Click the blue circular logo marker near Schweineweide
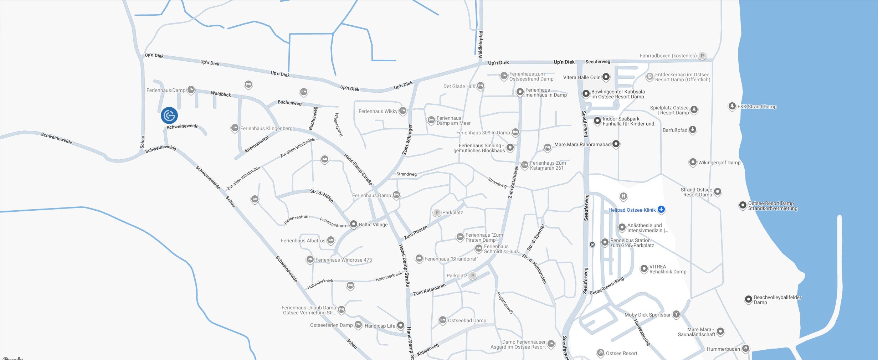(x=169, y=115)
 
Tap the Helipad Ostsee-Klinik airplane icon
(x=661, y=209)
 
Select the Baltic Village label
(x=373, y=225)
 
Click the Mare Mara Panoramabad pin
(x=616, y=144)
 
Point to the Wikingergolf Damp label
(x=719, y=163)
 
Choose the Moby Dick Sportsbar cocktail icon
(x=676, y=314)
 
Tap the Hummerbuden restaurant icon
(x=745, y=349)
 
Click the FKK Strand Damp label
(x=757, y=107)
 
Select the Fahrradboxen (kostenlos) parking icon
(x=702, y=56)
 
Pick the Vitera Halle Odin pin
(x=606, y=77)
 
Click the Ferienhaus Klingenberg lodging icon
(x=235, y=128)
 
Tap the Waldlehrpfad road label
(x=481, y=45)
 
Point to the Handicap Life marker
(x=401, y=325)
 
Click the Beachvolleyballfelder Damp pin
(x=748, y=299)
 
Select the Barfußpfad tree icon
(x=692, y=130)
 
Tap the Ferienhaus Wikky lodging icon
(x=402, y=111)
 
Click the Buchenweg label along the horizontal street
(x=289, y=103)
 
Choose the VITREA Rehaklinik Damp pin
(x=644, y=269)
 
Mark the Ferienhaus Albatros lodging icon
(x=330, y=240)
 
